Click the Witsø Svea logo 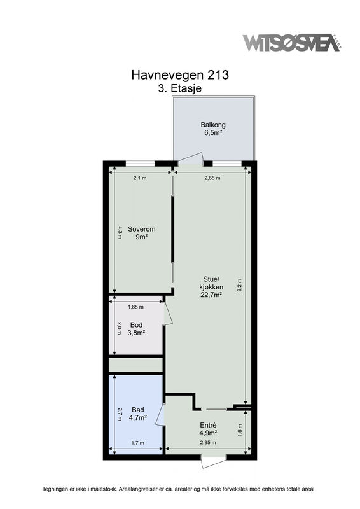pyautogui.click(x=292, y=43)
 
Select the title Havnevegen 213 pyautogui.click(x=180, y=75)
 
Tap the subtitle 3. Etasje pyautogui.click(x=180, y=88)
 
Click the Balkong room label pyautogui.click(x=213, y=125)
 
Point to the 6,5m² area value pyautogui.click(x=213, y=132)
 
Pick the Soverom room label pyautogui.click(x=142, y=229)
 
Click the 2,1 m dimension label pyautogui.click(x=140, y=178)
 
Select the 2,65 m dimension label pyautogui.click(x=212, y=178)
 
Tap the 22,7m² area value pyautogui.click(x=211, y=295)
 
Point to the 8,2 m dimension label pyautogui.click(x=240, y=286)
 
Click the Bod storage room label pyautogui.click(x=136, y=325)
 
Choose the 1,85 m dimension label pyautogui.click(x=135, y=307)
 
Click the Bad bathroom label pyautogui.click(x=137, y=410)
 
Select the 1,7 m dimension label pyautogui.click(x=138, y=442)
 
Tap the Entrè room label pyautogui.click(x=208, y=425)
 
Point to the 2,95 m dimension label pyautogui.click(x=208, y=442)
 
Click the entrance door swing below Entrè pyautogui.click(x=212, y=463)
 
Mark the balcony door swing pyautogui.click(x=191, y=158)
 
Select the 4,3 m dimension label pyautogui.click(x=120, y=232)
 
